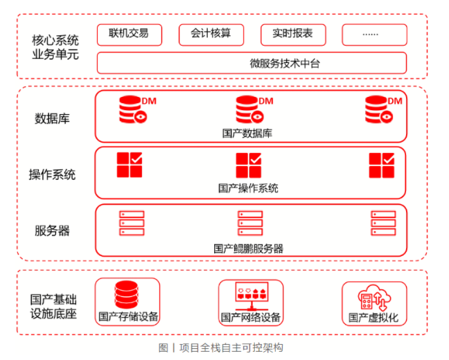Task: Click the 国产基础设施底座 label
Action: (53, 307)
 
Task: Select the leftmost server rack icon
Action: (132, 224)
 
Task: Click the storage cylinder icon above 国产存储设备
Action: (127, 295)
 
